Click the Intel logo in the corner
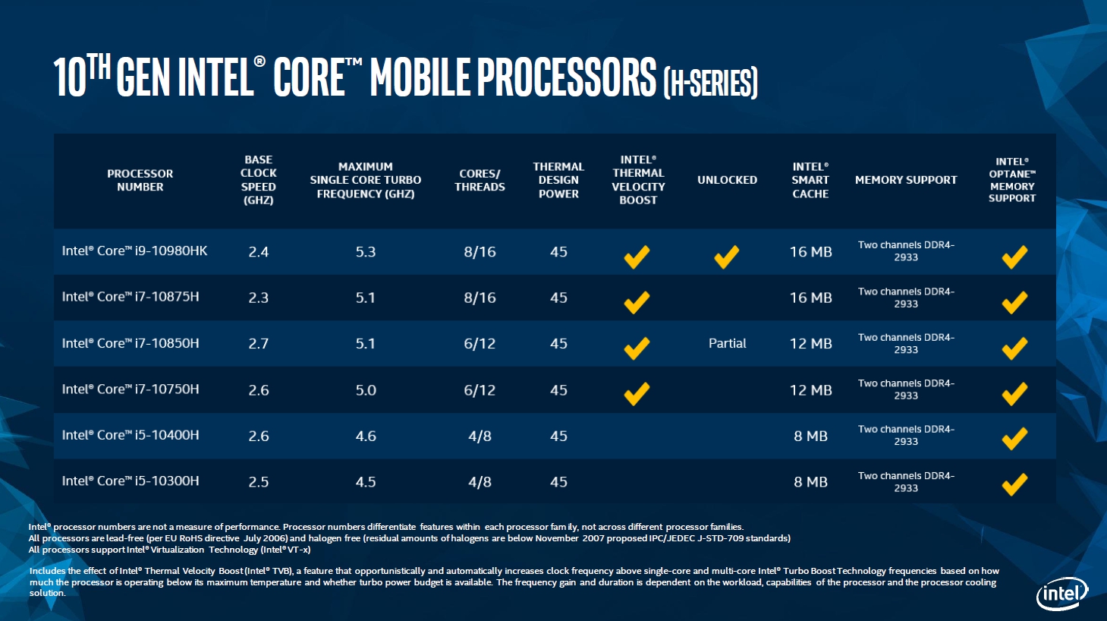coord(1062,593)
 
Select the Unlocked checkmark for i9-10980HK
coord(726,256)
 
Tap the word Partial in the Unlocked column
coord(727,343)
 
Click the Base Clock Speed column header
coord(258,180)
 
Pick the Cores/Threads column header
coord(480,180)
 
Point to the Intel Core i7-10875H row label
coord(131,297)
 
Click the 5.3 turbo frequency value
coord(366,251)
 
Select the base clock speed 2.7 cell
coord(258,343)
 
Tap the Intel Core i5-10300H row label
coord(131,481)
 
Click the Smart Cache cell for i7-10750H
coord(810,389)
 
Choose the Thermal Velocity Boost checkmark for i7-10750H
coord(637,393)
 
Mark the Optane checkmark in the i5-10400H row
coord(1014,438)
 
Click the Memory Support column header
coord(906,180)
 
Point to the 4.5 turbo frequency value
coord(366,481)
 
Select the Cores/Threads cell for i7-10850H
coord(480,343)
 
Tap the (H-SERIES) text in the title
coord(710,83)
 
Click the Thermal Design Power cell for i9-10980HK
coord(558,251)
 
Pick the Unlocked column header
coord(727,180)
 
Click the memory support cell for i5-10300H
coord(906,481)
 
